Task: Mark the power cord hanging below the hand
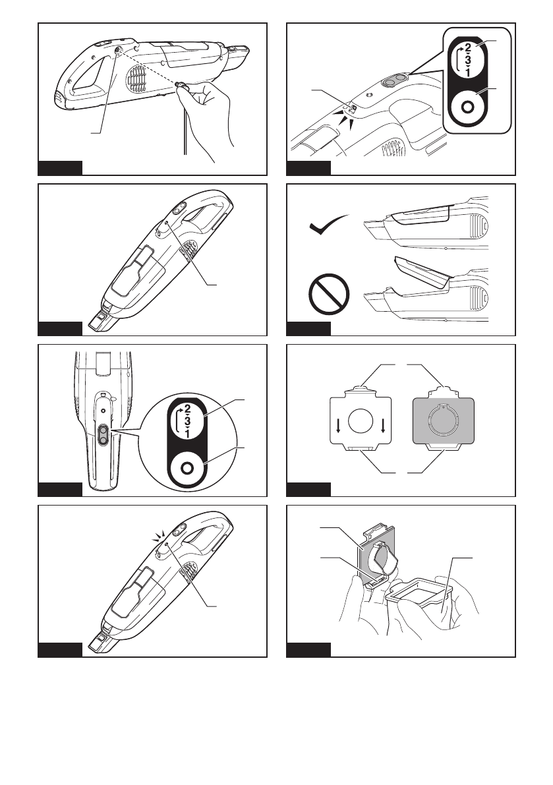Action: [x=187, y=132]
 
